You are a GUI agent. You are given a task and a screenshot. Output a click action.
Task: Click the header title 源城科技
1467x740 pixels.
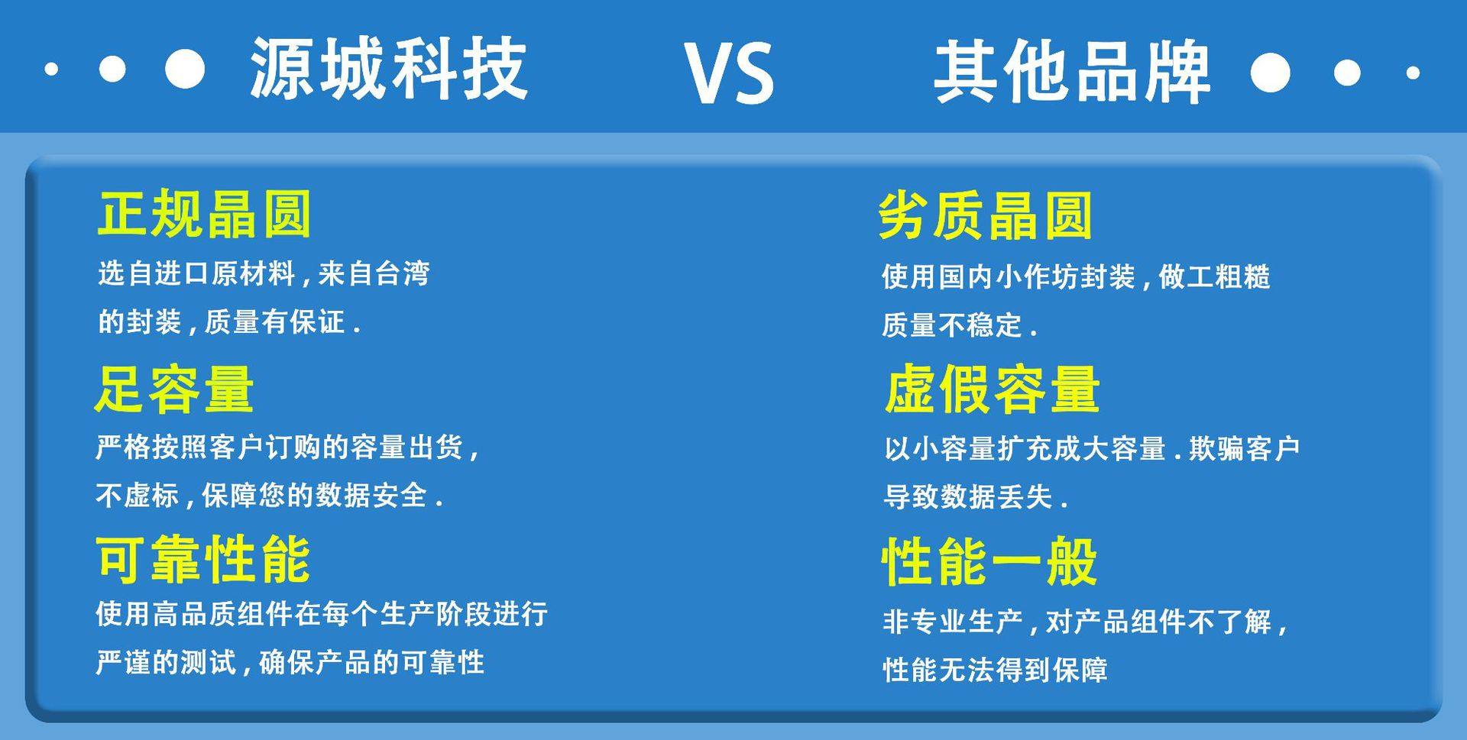389,69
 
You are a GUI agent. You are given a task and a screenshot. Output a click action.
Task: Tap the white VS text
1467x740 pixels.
729,73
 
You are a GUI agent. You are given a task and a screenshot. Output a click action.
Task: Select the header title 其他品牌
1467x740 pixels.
1073,72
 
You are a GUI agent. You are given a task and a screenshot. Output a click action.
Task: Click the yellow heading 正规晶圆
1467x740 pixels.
205,214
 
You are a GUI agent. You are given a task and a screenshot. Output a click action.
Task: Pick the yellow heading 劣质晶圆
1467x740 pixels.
986,216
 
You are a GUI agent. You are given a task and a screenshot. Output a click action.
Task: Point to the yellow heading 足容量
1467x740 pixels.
174,389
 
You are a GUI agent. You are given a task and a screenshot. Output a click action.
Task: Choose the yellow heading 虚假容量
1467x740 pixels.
993,389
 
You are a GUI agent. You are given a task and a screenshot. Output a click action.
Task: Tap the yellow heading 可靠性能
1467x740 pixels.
203,559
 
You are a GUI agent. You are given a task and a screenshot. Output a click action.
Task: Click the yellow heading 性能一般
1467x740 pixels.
990,561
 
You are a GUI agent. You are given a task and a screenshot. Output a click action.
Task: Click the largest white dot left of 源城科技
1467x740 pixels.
185,69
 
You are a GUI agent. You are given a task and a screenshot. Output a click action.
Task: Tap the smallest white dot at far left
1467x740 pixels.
51,69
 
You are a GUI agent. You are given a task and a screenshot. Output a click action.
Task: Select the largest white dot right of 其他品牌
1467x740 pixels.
1270,73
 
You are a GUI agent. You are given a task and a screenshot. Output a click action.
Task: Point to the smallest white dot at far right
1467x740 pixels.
1413,73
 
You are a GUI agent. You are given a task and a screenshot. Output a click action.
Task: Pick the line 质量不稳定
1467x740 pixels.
959,325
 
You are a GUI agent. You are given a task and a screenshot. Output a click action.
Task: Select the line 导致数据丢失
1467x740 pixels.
975,497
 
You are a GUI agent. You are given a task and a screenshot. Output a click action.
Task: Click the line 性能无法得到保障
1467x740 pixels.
996,670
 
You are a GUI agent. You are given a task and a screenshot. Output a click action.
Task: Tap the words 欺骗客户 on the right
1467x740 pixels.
1244,448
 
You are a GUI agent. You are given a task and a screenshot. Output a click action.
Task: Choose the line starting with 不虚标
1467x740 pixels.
269,496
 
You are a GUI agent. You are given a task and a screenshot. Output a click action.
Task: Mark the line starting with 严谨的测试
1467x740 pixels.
290,662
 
